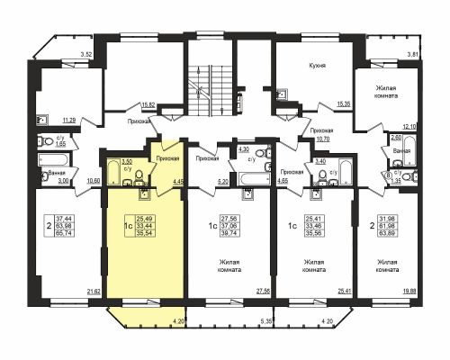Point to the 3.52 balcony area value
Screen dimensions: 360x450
pyautogui.click(x=86, y=55)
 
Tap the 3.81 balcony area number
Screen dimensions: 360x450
pyautogui.click(x=413, y=56)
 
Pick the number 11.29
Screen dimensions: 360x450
pyautogui.click(x=67, y=118)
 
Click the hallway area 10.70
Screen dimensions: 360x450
pyautogui.click(x=323, y=139)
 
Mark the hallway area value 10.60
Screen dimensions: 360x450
pyautogui.click(x=92, y=180)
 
